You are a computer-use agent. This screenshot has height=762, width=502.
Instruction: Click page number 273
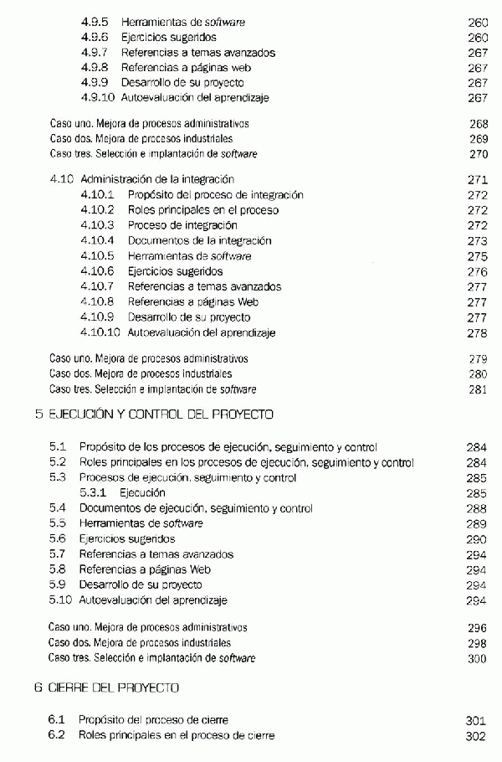pos(478,240)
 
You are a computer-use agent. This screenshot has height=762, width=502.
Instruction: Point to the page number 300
pos(478,658)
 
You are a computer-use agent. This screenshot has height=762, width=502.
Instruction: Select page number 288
pos(478,508)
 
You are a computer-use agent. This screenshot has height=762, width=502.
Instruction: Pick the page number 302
pos(478,735)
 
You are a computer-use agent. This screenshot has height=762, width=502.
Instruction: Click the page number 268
pos(478,124)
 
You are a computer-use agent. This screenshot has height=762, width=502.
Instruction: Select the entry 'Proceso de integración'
pos(182,225)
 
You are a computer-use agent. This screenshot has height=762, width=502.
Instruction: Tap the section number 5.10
pos(60,600)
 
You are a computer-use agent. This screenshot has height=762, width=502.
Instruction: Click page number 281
pos(478,389)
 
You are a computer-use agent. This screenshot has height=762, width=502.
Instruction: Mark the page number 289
pos(478,523)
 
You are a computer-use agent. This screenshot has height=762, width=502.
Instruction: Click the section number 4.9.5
pos(95,22)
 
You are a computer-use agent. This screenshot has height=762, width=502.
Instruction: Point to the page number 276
pos(478,271)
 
